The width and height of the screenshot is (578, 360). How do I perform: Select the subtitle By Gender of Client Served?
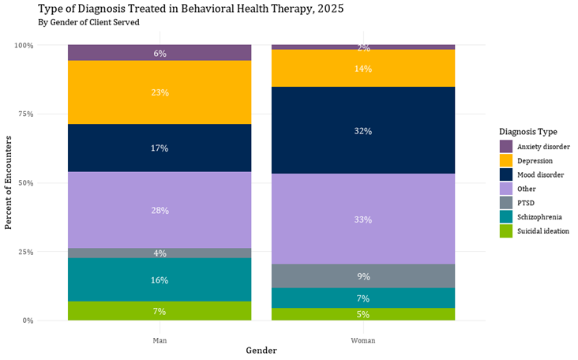[x=88, y=22]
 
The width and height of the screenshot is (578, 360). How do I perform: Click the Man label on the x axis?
[x=160, y=340]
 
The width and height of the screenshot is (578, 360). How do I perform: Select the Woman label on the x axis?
[x=363, y=340]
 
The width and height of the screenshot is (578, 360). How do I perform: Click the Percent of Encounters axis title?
[x=9, y=183]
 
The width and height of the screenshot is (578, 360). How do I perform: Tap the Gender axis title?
[x=261, y=351]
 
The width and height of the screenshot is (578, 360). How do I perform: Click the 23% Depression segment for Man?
[x=160, y=92]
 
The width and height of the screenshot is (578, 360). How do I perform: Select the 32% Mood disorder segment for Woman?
[x=363, y=130]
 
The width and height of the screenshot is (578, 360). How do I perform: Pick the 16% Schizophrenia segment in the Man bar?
[x=160, y=279]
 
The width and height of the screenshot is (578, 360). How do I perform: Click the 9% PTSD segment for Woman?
[x=363, y=276]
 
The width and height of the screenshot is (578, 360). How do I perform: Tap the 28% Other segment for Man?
[x=160, y=210]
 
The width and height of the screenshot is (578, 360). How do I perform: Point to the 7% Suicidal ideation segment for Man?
[x=160, y=311]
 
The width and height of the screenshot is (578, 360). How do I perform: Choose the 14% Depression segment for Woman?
[x=363, y=69]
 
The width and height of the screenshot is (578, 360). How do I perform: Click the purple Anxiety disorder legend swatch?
[x=506, y=146]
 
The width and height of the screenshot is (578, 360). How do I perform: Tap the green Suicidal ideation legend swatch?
[x=506, y=231]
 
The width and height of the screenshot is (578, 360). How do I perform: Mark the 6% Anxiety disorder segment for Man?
[x=160, y=53]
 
